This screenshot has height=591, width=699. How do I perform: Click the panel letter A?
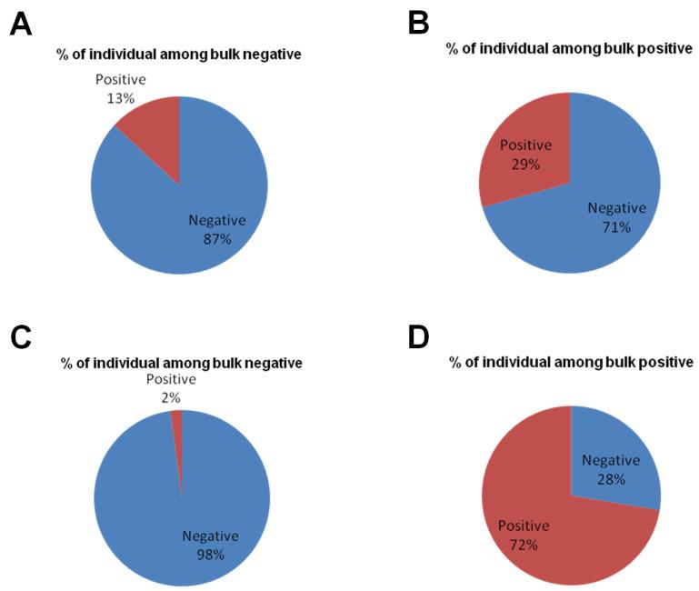tap(21, 25)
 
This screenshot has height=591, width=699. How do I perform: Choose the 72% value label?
tap(523, 544)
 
